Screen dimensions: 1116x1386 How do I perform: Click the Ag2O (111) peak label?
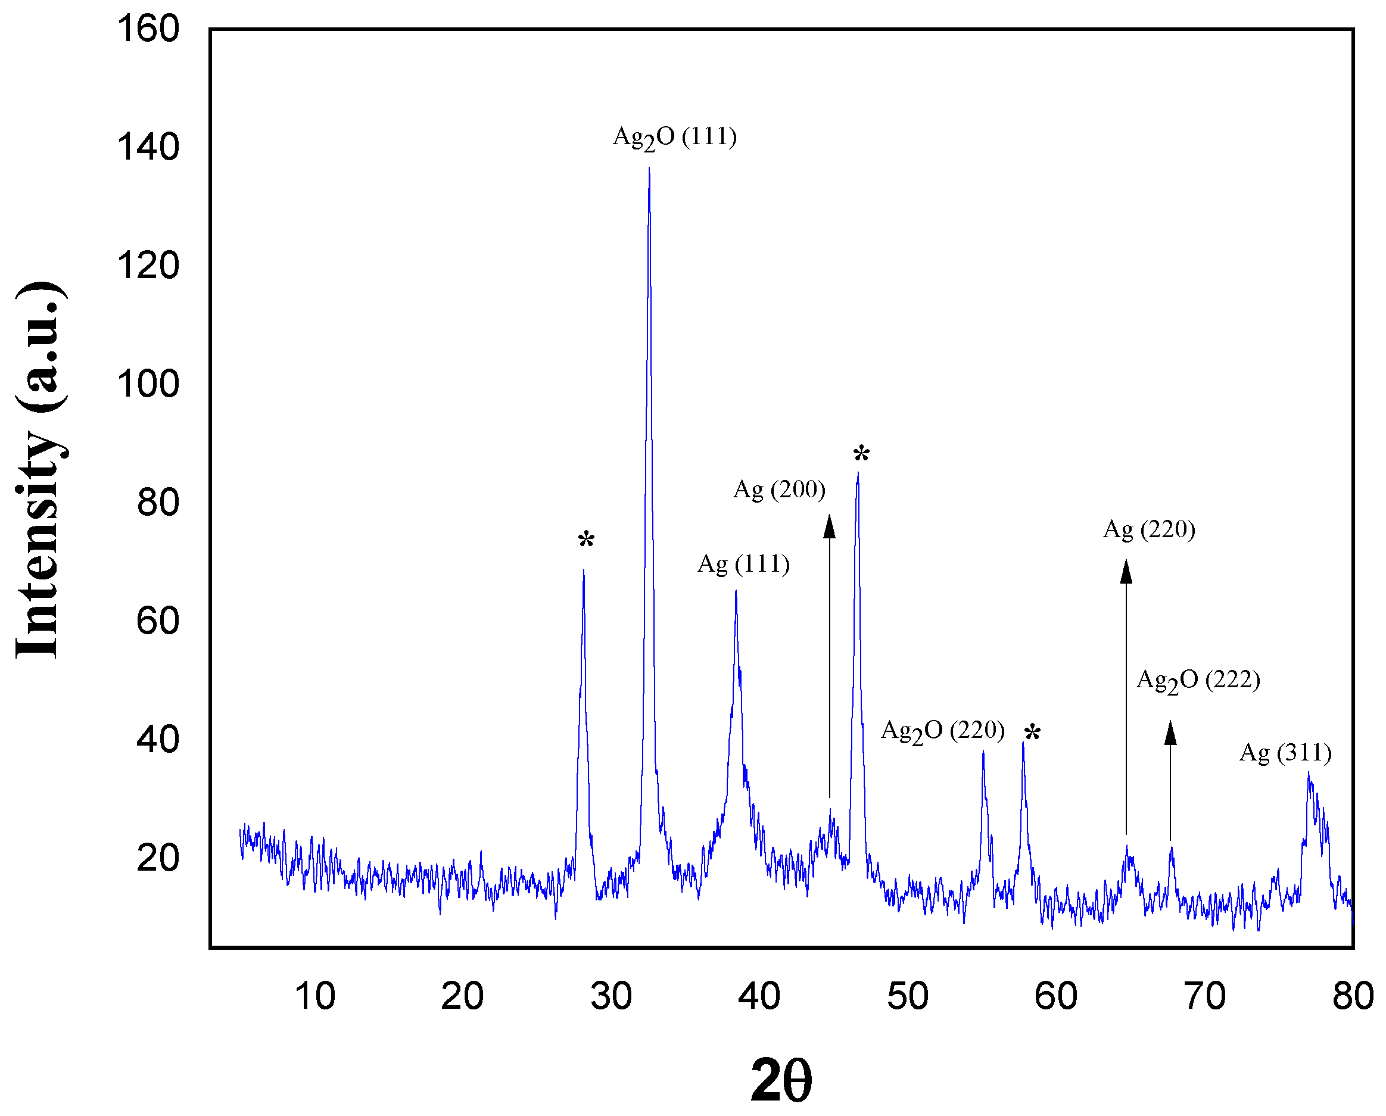click(674, 138)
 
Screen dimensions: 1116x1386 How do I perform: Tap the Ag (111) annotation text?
click(743, 565)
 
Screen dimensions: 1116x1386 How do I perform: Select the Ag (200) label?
click(779, 490)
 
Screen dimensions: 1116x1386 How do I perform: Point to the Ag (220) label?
click(1149, 530)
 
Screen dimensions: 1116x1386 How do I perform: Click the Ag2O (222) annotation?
click(1198, 680)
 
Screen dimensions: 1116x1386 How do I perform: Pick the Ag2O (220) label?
click(942, 731)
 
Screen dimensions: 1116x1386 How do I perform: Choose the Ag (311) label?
click(1285, 753)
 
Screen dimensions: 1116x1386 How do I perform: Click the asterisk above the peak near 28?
click(585, 541)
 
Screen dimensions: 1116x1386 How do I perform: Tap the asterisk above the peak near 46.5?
click(861, 455)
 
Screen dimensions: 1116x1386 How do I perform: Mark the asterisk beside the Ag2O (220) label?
click(1032, 733)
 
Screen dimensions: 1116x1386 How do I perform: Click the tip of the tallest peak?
click(649, 169)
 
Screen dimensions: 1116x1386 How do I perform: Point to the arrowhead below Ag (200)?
click(829, 527)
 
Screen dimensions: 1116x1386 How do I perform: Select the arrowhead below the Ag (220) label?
click(1126, 572)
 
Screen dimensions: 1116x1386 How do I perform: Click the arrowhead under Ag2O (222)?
click(1170, 734)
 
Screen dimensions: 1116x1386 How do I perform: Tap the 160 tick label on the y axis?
click(148, 30)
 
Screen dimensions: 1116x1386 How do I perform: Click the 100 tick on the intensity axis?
click(148, 385)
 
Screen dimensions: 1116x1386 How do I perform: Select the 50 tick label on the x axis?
click(907, 996)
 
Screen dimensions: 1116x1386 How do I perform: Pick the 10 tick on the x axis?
click(315, 996)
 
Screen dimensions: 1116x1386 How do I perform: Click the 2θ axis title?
click(781, 1080)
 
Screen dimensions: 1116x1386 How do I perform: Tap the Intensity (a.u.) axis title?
click(40, 469)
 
